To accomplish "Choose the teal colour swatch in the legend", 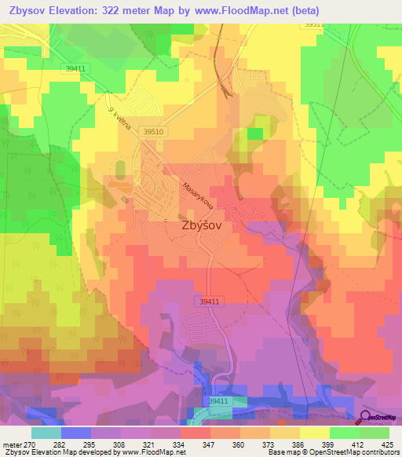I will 46,432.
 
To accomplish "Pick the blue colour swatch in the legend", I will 75,432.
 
